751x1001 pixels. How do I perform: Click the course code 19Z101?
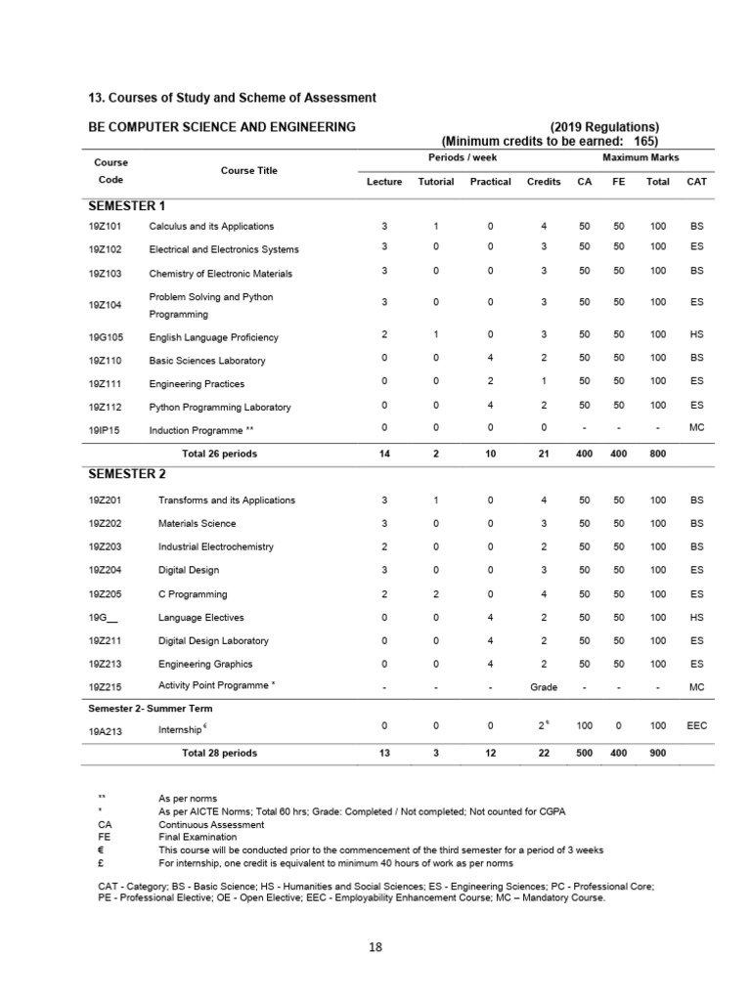coord(105,226)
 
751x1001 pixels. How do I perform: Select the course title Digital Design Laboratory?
coord(213,640)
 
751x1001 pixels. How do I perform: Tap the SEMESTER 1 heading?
coord(127,205)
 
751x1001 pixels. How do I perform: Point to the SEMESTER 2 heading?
coord(127,474)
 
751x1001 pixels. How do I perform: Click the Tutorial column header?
coord(435,182)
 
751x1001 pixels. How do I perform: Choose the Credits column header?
coord(544,182)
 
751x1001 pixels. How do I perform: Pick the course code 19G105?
coord(105,337)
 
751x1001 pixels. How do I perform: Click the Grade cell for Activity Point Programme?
coord(544,687)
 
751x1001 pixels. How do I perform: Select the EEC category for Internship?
coord(696,727)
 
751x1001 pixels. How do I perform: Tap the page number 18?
coord(375,946)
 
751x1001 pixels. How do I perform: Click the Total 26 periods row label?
coord(219,454)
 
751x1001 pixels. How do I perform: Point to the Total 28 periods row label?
coord(219,754)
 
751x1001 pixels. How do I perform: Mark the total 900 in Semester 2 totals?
coord(657,754)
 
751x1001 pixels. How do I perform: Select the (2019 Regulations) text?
coord(604,126)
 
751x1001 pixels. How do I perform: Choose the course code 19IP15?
coord(105,430)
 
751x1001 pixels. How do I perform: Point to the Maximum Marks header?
coord(641,157)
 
